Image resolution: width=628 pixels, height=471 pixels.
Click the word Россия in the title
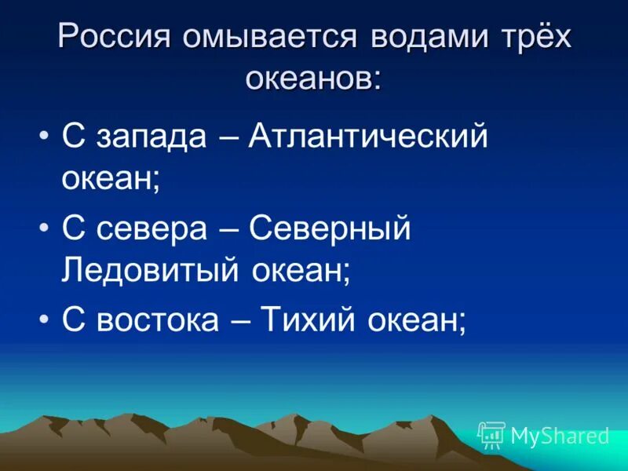(x=111, y=38)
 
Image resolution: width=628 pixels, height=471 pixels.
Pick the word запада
(x=152, y=137)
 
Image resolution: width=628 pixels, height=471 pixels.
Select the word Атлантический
(x=368, y=137)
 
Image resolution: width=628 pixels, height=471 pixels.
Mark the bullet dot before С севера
(x=44, y=230)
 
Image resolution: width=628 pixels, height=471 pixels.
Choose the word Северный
(x=330, y=229)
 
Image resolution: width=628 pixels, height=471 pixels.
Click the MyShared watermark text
(x=560, y=435)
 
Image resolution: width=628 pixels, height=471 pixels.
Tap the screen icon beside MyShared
(x=491, y=435)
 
